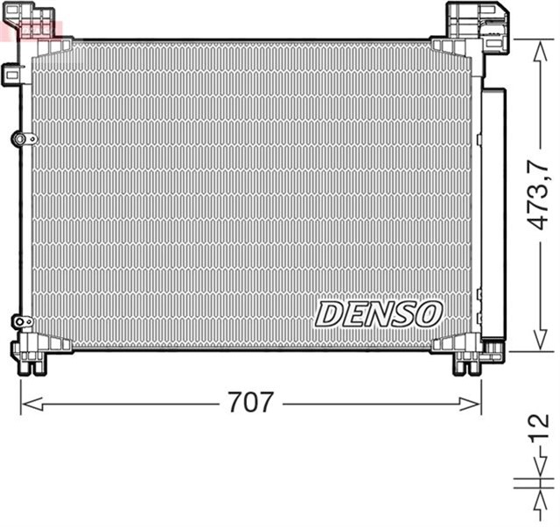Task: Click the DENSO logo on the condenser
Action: [x=379, y=313]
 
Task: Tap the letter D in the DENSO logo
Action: [x=329, y=313]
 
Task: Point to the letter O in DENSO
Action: [x=430, y=313]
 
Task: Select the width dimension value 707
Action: [x=250, y=404]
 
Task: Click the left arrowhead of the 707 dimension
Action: [x=26, y=404]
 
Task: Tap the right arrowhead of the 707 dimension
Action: [x=475, y=404]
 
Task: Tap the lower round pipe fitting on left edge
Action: [x=22, y=322]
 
